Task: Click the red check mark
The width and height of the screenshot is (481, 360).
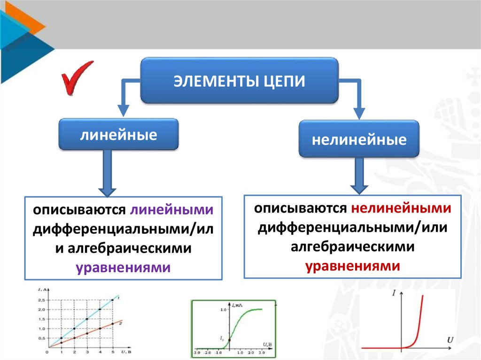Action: (75, 77)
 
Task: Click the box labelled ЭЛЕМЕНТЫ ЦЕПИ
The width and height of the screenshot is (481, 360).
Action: (240, 80)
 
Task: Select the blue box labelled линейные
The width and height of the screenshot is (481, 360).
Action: (118, 135)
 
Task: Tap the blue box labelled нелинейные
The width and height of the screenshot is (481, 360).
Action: (359, 139)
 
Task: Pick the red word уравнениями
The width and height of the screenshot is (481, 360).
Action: (353, 266)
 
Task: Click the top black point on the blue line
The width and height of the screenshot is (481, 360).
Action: (112, 300)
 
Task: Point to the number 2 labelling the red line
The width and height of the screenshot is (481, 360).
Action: (121, 323)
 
